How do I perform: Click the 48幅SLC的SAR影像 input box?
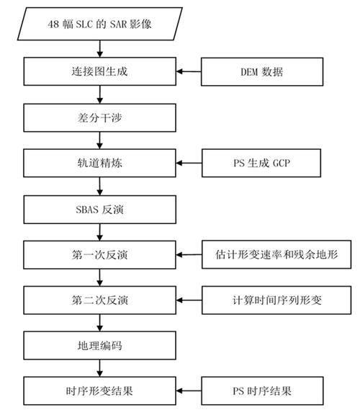tap(99, 26)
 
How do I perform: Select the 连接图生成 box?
tap(99, 71)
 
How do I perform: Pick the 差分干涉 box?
tap(99, 116)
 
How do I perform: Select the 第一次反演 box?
tap(99, 254)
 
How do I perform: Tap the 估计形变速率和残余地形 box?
tap(278, 254)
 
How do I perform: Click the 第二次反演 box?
tap(99, 300)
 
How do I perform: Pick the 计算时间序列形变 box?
tap(278, 300)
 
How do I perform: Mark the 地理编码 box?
tap(99, 345)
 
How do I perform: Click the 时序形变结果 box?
tap(99, 391)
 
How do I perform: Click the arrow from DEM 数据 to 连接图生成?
tap(189, 71)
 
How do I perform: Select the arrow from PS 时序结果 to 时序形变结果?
tap(189, 391)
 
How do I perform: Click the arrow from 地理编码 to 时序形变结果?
tap(99, 368)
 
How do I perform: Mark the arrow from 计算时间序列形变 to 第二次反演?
tap(189, 300)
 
